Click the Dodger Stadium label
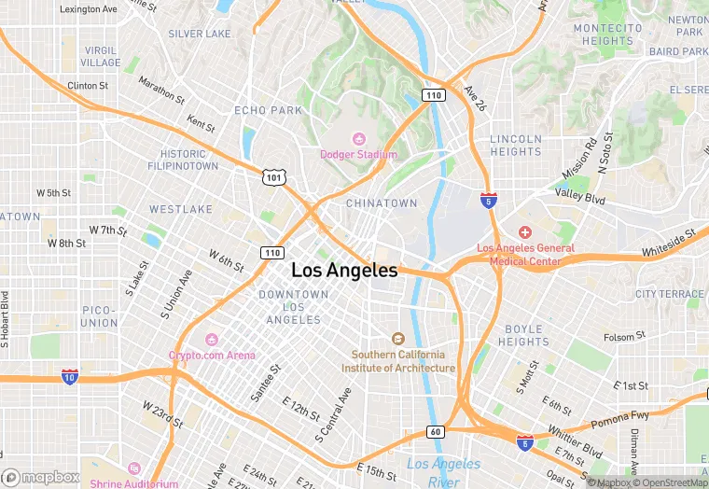tap(358, 154)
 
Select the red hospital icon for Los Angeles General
tap(525, 231)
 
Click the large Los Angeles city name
tap(344, 271)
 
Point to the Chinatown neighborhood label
tap(382, 203)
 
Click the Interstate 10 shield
tap(70, 376)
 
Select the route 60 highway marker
tap(436, 431)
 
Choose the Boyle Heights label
tap(523, 335)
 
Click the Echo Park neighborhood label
tap(268, 110)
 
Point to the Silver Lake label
tap(199, 34)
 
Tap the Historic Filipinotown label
tap(183, 160)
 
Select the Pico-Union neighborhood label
tap(99, 315)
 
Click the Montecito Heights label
tap(607, 35)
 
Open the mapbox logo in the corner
tap(41, 477)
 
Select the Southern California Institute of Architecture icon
tap(397, 339)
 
